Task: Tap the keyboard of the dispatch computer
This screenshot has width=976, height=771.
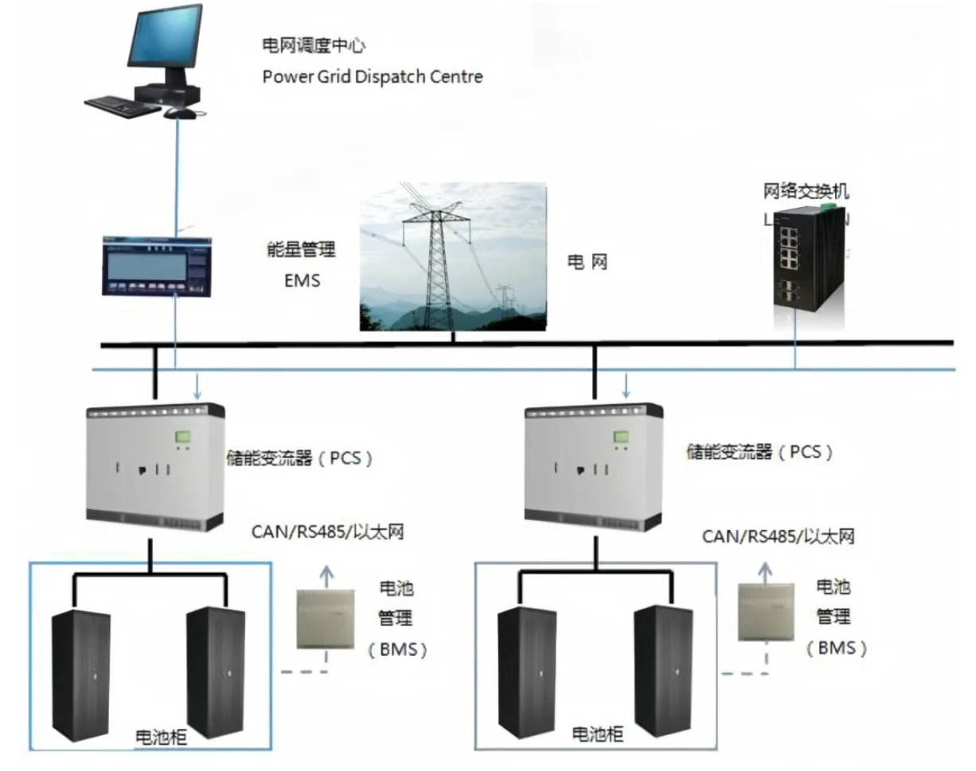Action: [120, 104]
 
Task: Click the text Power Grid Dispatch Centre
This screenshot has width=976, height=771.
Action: [372, 77]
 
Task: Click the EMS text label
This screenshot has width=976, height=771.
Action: [303, 280]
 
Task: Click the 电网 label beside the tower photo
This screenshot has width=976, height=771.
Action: [587, 262]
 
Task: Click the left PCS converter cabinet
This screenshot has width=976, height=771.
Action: [154, 468]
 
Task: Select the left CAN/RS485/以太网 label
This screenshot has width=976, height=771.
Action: [326, 532]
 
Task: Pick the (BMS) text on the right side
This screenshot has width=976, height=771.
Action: [836, 648]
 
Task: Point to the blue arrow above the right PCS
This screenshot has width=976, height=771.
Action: [626, 387]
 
